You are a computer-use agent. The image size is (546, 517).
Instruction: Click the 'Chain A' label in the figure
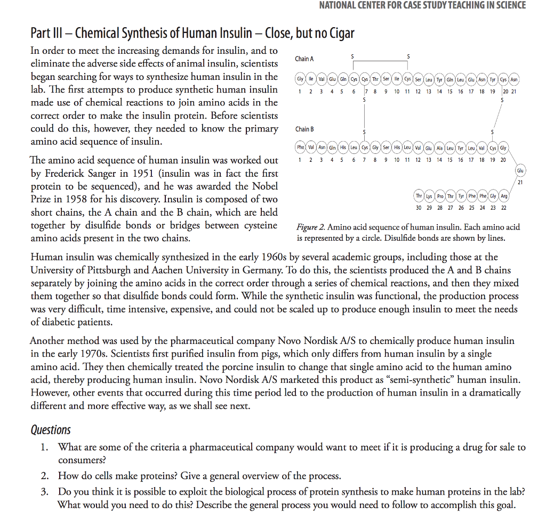304,59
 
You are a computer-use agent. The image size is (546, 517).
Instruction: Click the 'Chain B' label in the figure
304,129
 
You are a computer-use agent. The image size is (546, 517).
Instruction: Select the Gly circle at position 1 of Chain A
301,80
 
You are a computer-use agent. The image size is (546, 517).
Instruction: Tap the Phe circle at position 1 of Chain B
301,147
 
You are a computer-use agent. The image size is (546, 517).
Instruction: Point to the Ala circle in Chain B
440,147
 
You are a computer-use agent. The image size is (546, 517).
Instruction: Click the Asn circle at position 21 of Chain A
514,80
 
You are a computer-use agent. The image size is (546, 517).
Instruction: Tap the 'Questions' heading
51,429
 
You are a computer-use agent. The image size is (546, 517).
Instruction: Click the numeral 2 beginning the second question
45,475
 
